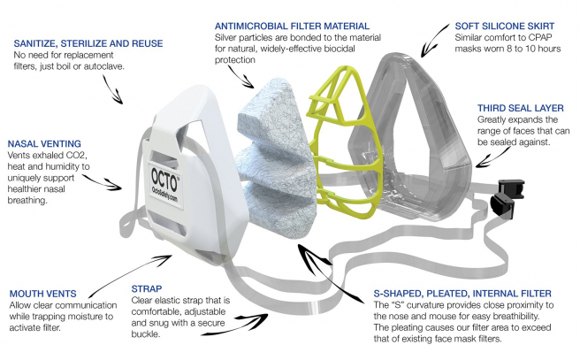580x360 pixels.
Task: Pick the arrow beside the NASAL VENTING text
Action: pyautogui.click(x=115, y=184)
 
